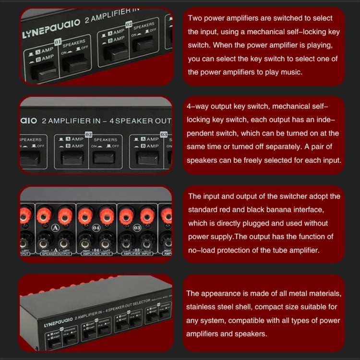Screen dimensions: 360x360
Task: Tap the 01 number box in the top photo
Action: point(58,42)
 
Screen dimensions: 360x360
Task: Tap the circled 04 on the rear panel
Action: point(96,228)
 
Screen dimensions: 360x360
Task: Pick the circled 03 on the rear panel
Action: point(138,228)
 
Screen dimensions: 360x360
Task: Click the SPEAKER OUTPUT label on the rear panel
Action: point(55,253)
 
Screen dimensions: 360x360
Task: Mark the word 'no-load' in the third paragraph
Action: point(203,250)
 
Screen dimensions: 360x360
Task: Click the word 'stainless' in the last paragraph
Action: point(203,307)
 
